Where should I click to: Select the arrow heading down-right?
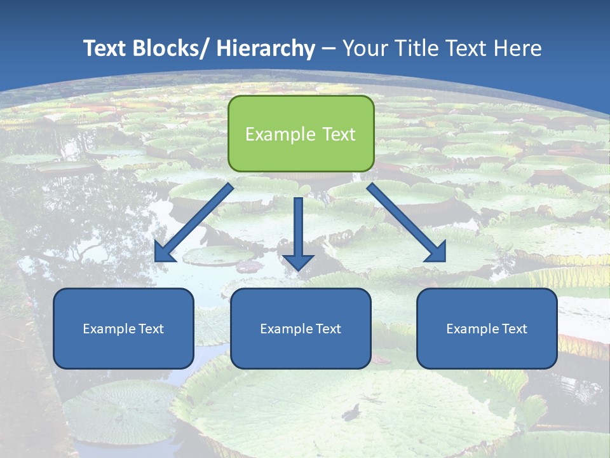[x=407, y=223]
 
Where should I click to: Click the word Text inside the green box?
[x=338, y=134]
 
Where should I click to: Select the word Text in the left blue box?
[x=151, y=329]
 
